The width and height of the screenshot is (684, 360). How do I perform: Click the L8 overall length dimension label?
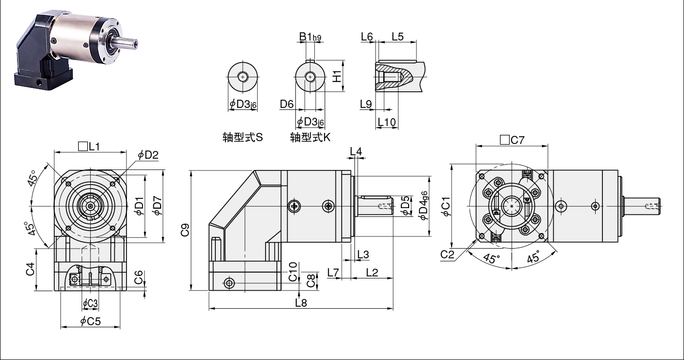click(x=301, y=303)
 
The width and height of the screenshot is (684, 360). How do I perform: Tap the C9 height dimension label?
click(x=185, y=230)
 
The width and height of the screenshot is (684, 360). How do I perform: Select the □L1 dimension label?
click(x=89, y=147)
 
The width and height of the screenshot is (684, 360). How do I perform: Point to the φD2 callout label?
click(x=148, y=155)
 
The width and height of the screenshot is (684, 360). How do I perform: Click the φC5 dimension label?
click(x=90, y=321)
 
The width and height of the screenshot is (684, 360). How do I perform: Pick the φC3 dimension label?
click(x=90, y=303)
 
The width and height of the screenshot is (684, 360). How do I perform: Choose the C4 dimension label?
click(x=30, y=269)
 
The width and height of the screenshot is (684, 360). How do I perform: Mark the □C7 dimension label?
click(x=512, y=140)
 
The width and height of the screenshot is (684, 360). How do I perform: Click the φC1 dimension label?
click(x=446, y=207)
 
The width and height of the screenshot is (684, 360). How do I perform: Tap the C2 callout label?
click(x=447, y=254)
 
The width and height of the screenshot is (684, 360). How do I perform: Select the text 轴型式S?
click(x=243, y=137)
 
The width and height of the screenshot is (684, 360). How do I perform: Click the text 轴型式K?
click(x=310, y=137)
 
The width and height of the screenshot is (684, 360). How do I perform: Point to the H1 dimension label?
click(x=336, y=76)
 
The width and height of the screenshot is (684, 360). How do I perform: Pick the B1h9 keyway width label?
click(x=310, y=37)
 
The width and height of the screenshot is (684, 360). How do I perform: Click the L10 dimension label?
click(x=387, y=122)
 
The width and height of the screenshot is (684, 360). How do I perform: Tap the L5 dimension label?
click(x=397, y=37)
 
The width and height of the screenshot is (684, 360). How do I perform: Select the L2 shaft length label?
click(x=372, y=272)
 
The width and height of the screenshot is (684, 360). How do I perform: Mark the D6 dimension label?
click(x=287, y=104)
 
